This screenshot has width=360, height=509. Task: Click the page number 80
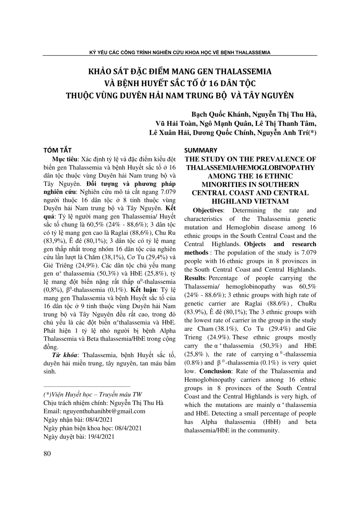[x=47, y=454]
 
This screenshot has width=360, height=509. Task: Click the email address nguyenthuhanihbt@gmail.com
[x=104, y=411]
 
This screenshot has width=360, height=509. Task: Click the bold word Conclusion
[x=216, y=371]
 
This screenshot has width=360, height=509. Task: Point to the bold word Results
[x=195, y=278]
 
